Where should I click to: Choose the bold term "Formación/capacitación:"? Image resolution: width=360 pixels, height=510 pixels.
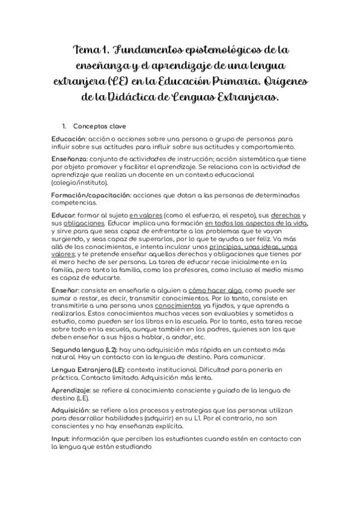(x=91, y=195)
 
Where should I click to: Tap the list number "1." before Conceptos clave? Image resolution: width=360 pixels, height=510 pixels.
(x=65, y=126)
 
